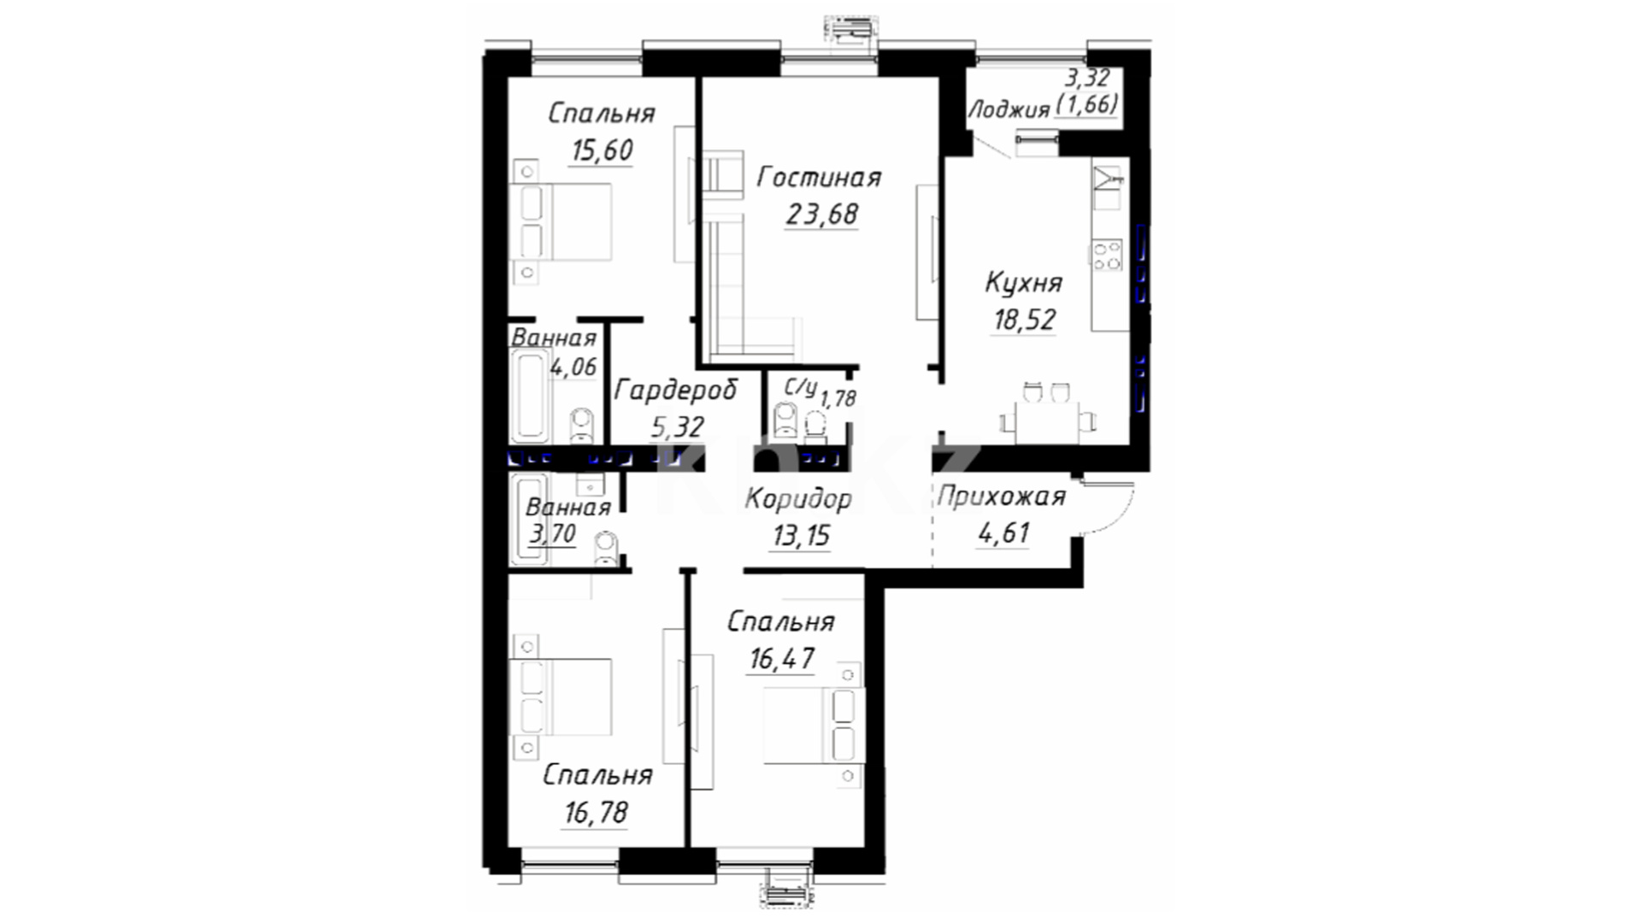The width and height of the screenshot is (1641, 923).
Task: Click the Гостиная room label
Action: coord(819,177)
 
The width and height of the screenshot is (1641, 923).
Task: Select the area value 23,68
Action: coord(822,214)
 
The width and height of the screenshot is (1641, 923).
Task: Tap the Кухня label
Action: coord(1024,282)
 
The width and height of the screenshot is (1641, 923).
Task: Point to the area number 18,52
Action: coord(1024,320)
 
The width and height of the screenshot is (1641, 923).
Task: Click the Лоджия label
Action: coord(1009,109)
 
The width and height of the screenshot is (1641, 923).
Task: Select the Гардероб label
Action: coord(676,391)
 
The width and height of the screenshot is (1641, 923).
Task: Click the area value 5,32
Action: coord(677,426)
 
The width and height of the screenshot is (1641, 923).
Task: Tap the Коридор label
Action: coord(798,498)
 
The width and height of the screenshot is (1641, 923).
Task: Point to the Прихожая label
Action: coord(1002,497)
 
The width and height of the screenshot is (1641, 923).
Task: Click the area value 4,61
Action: coord(1003,533)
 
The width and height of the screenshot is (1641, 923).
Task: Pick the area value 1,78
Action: coord(838,398)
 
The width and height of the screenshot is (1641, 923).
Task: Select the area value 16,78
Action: coord(596,812)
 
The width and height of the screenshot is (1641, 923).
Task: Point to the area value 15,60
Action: coord(602,150)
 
